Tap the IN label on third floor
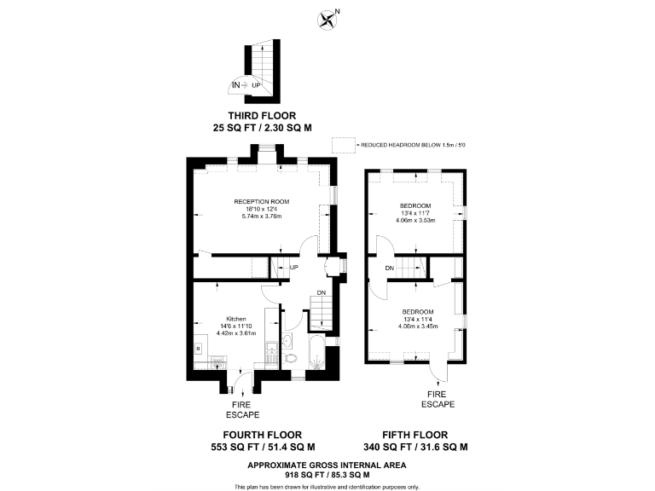click(x=236, y=84)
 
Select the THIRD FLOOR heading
click(x=261, y=115)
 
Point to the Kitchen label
click(x=236, y=319)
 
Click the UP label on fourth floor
click(x=294, y=268)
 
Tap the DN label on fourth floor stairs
click(x=321, y=293)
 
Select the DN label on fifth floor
click(x=389, y=269)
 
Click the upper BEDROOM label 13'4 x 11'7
click(x=415, y=205)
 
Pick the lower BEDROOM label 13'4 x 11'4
click(x=418, y=311)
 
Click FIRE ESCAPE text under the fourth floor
click(x=242, y=410)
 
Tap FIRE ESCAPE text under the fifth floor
click(x=436, y=399)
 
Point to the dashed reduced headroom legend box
click(x=344, y=145)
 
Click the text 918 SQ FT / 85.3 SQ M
click(x=327, y=474)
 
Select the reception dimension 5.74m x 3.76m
click(x=261, y=216)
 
